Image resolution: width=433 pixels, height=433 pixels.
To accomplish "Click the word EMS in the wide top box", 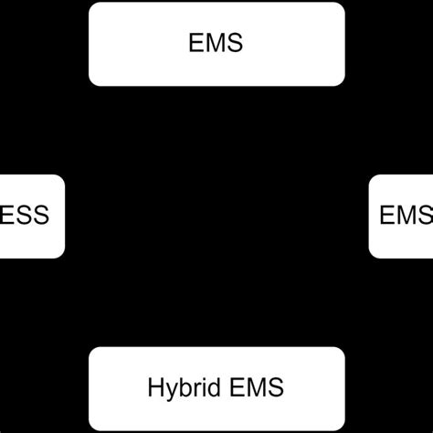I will tap(217, 43).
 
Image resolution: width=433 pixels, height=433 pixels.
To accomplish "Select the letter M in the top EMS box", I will tap(216, 43).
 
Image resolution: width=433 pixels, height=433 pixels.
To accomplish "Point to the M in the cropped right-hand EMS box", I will tap(406, 216).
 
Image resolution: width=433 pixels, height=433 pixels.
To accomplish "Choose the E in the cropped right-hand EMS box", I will tap(386, 216).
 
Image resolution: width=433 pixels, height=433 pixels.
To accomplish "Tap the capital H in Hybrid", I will tap(154, 387).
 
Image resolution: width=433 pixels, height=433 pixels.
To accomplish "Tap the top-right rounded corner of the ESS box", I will tap(61, 179).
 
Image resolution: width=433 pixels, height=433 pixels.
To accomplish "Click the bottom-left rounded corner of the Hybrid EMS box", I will tap(93, 425).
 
